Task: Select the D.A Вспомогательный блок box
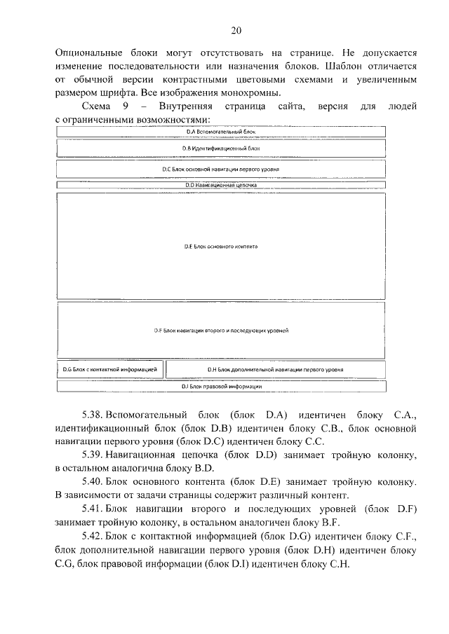221,131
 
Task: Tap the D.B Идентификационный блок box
221,149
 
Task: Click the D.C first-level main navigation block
221,169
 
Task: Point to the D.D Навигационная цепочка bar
221,185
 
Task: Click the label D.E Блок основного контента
221,247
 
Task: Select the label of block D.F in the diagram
221,330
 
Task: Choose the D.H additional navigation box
275,368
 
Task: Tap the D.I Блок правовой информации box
221,386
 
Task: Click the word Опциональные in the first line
86,53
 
